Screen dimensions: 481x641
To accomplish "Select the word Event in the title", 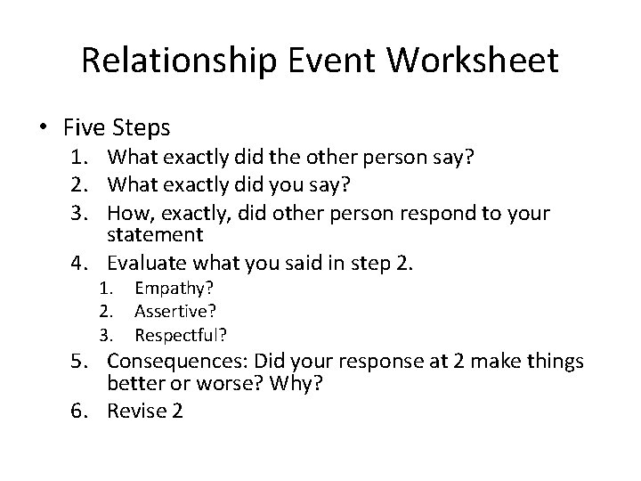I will click(335, 61).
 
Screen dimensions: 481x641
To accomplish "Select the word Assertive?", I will click(174, 312).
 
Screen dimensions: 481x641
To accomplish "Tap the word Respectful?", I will click(181, 335).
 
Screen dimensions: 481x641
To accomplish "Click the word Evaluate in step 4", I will click(144, 264).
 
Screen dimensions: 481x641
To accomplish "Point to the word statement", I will click(155, 236).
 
